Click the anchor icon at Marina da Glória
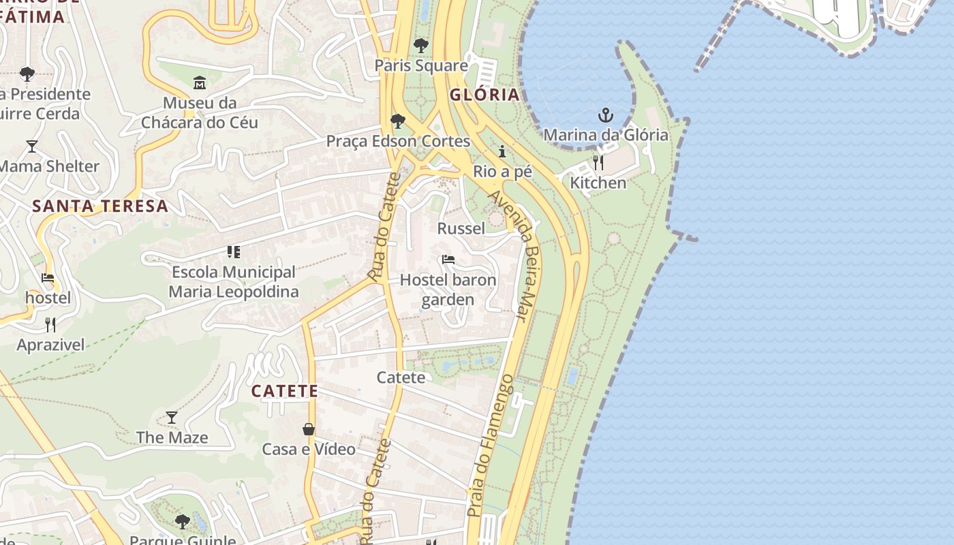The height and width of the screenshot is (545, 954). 605,115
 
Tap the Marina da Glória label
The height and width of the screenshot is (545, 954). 605,135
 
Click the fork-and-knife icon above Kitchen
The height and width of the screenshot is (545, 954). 598,163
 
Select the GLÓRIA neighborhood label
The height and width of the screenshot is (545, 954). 485,95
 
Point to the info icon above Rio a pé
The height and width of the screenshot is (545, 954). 502,151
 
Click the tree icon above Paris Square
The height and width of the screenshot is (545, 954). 421,46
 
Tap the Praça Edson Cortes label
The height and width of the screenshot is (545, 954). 398,141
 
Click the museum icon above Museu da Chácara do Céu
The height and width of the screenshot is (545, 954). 200,83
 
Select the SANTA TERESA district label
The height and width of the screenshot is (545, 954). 100,206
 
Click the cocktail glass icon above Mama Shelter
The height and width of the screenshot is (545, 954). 31,146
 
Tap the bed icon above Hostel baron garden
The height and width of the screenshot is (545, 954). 448,260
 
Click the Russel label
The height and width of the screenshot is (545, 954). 461,228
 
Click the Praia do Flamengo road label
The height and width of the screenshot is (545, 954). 491,445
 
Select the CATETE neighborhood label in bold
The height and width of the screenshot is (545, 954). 284,391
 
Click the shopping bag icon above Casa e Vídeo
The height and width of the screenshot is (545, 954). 309,429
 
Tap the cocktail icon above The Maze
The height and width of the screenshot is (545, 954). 172,417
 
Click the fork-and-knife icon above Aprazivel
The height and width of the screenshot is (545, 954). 50,324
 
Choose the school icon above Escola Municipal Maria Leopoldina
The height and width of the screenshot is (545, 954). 234,252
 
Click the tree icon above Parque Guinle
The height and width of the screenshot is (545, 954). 182,522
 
